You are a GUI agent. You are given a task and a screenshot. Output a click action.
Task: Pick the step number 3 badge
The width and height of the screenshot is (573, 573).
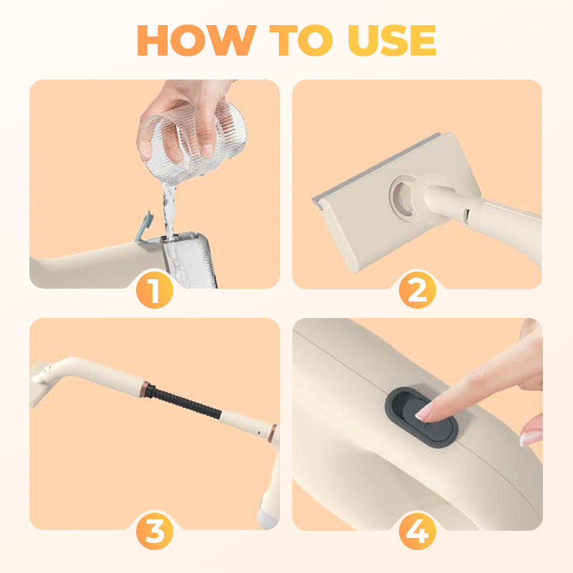[x=155, y=532]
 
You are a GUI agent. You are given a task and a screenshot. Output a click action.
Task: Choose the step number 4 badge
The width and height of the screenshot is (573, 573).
[x=418, y=532]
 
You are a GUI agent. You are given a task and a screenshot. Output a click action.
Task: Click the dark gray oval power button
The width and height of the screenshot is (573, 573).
[x=425, y=417]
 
